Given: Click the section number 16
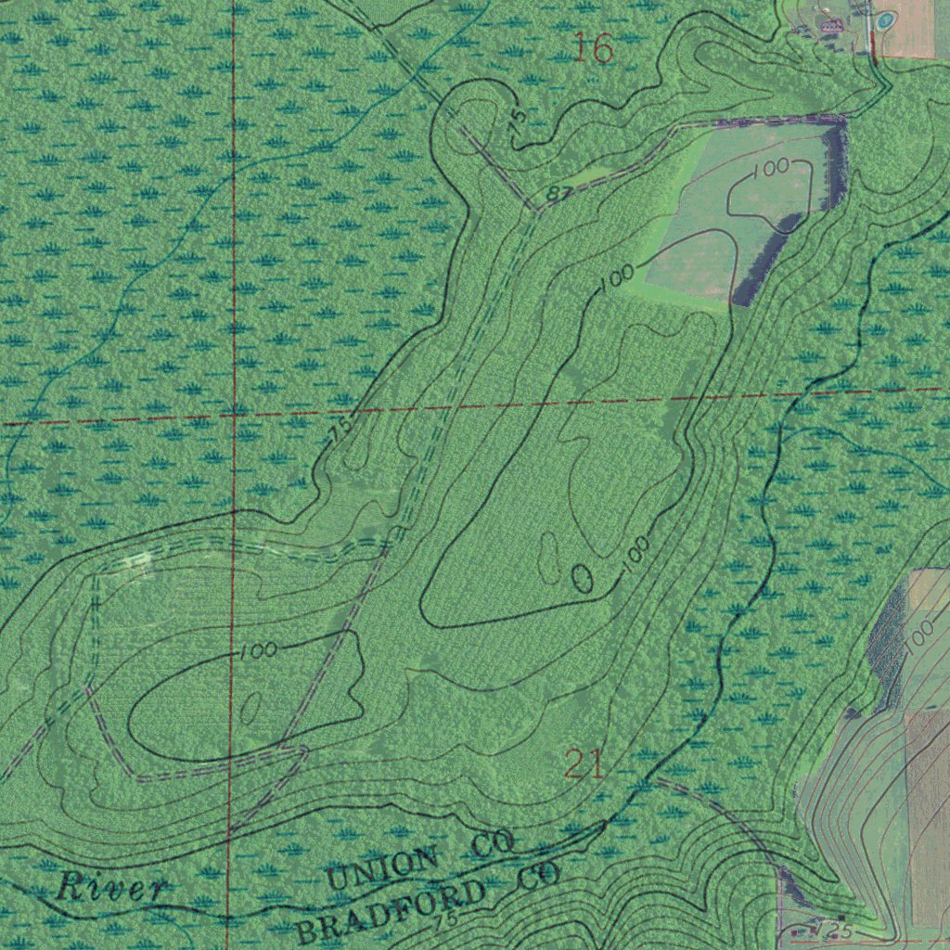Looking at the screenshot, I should [593, 48].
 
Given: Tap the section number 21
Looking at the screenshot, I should [584, 765].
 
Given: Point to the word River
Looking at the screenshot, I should [110, 887].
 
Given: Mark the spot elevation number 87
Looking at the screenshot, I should [558, 193].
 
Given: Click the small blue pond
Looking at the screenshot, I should [885, 19].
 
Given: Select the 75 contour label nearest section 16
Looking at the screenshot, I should [518, 116].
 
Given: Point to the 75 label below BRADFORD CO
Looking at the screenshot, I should [445, 921].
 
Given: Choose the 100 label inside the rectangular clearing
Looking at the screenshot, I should [771, 167].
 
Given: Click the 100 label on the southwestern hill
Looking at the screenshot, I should [258, 650].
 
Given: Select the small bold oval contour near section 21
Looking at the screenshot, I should [582, 578].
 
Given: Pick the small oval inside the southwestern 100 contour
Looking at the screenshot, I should [250, 710].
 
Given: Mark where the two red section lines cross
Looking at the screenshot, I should [233, 417].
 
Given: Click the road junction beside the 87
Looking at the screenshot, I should [537, 210].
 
